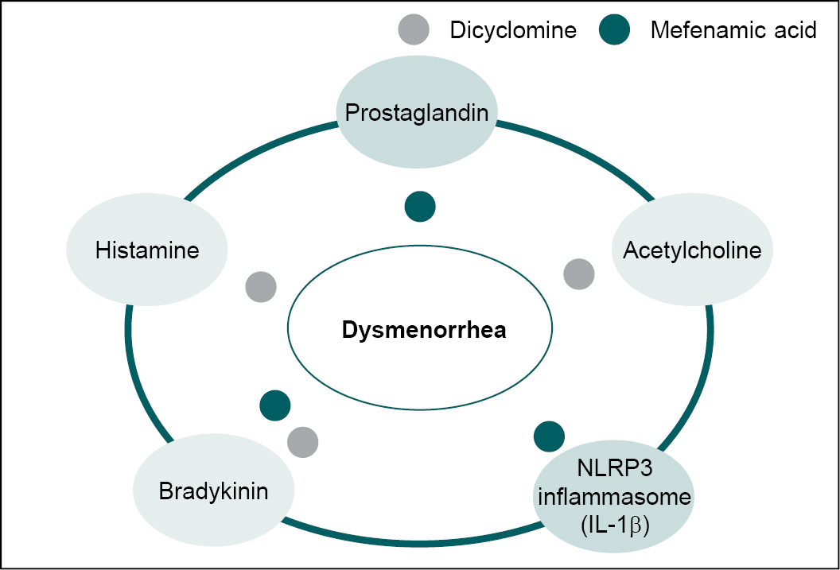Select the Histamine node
click(x=147, y=250)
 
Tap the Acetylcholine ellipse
click(x=691, y=250)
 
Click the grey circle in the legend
click(x=413, y=30)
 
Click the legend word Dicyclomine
click(x=513, y=31)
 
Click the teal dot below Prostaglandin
click(x=420, y=207)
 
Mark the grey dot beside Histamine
click(x=261, y=286)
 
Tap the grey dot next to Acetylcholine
click(x=578, y=274)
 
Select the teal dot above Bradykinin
click(x=275, y=405)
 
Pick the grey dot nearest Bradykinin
click(x=302, y=441)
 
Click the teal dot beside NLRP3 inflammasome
click(x=549, y=435)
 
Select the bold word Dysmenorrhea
click(x=424, y=330)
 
